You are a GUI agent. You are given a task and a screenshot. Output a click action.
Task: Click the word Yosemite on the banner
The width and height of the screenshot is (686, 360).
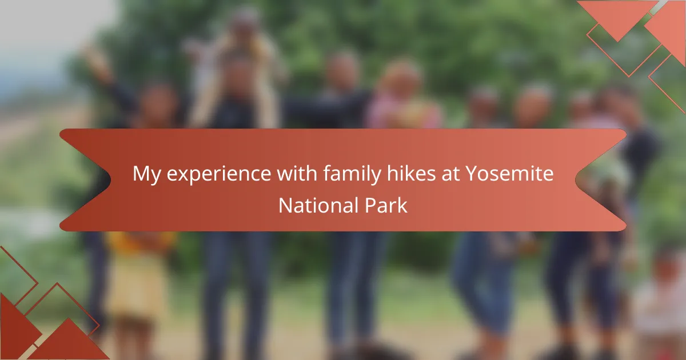pyautogui.click(x=509, y=174)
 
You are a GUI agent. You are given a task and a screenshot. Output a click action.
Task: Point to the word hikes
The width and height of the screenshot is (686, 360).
pyautogui.click(x=411, y=173)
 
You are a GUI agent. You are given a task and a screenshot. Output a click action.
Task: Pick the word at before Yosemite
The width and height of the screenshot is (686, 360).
pyautogui.click(x=450, y=174)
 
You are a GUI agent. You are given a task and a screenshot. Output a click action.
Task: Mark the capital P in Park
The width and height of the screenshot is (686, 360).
pyautogui.click(x=370, y=205)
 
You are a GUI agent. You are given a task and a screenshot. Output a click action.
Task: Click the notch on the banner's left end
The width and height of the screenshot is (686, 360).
pyautogui.click(x=110, y=179)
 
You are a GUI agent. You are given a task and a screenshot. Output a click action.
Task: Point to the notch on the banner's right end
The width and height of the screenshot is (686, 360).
pyautogui.click(x=576, y=179)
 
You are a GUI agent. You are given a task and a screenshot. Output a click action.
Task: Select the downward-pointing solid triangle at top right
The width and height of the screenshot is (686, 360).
pyautogui.click(x=617, y=17)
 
